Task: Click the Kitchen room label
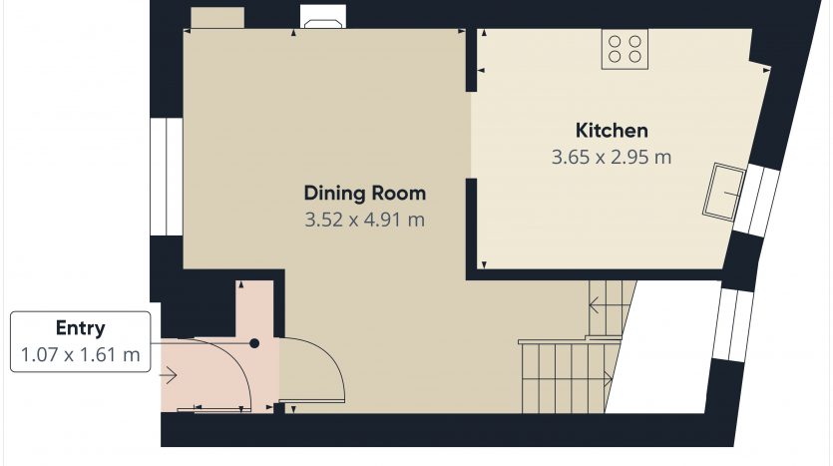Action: [612, 131]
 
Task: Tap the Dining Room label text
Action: [364, 193]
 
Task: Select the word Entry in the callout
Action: [80, 328]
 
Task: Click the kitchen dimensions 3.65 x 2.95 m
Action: [612, 158]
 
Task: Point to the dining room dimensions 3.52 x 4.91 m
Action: [364, 220]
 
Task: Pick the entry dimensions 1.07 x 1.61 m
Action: [80, 354]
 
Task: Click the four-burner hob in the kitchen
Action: [625, 49]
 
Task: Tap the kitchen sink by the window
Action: [724, 192]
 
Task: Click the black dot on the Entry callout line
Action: [254, 343]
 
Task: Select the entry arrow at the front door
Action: [168, 375]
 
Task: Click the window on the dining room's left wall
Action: [167, 177]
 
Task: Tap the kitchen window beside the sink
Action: [756, 201]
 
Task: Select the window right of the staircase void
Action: [732, 325]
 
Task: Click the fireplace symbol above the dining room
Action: [322, 17]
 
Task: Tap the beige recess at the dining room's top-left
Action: [217, 18]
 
